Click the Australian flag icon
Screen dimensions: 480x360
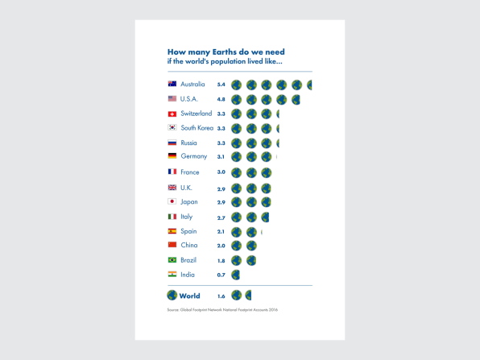point(172,84)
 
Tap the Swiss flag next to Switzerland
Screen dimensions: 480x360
point(172,114)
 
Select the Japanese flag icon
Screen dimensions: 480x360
point(172,201)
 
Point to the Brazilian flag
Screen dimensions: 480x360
point(172,260)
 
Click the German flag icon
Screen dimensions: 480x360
point(172,155)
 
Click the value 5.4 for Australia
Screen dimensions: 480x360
point(221,85)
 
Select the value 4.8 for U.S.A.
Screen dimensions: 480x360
point(221,99)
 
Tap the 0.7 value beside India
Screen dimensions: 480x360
point(221,275)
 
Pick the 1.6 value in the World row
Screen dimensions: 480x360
point(221,296)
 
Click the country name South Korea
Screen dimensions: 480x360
point(197,128)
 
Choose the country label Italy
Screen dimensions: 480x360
point(186,217)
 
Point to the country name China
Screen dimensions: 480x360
point(189,245)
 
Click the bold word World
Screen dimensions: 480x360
point(189,296)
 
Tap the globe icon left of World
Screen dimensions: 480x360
point(172,296)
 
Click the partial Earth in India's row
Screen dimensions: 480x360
point(236,275)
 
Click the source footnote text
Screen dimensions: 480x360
point(222,310)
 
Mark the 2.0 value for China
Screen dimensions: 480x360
point(221,246)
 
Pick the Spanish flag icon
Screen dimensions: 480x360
point(172,231)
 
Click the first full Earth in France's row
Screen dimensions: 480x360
point(236,172)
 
